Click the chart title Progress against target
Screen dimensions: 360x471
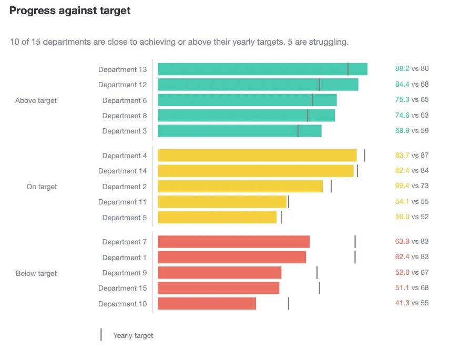pos(70,11)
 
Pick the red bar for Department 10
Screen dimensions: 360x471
pos(207,304)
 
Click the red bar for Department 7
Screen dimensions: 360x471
pos(233,242)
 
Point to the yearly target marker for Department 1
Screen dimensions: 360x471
pos(355,258)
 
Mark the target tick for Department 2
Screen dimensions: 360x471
pos(331,187)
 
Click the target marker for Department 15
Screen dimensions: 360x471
pos(319,288)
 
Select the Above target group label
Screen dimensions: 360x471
pos(36,100)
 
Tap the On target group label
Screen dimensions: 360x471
pos(42,187)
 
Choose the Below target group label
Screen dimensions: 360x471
pos(36,273)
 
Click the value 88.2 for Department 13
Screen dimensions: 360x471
pos(402,68)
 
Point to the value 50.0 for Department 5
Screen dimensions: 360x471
pos(402,217)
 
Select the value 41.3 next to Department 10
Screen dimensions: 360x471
pos(402,303)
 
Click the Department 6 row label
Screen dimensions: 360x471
pos(125,100)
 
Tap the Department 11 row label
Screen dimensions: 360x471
pos(122,202)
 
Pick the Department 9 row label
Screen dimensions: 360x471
pos(125,273)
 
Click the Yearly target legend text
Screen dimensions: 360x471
pos(133,335)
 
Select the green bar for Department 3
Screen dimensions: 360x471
pos(239,131)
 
